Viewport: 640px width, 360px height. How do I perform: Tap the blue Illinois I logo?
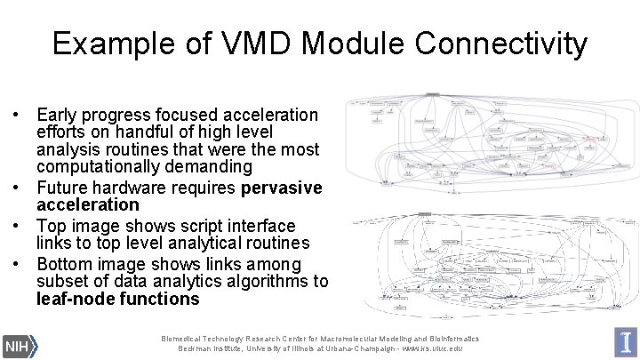coord(626,342)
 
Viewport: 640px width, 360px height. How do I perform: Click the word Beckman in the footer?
coord(180,348)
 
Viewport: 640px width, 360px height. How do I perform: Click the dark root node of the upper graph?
coord(434,93)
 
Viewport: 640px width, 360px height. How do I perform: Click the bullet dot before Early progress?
coord(16,116)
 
